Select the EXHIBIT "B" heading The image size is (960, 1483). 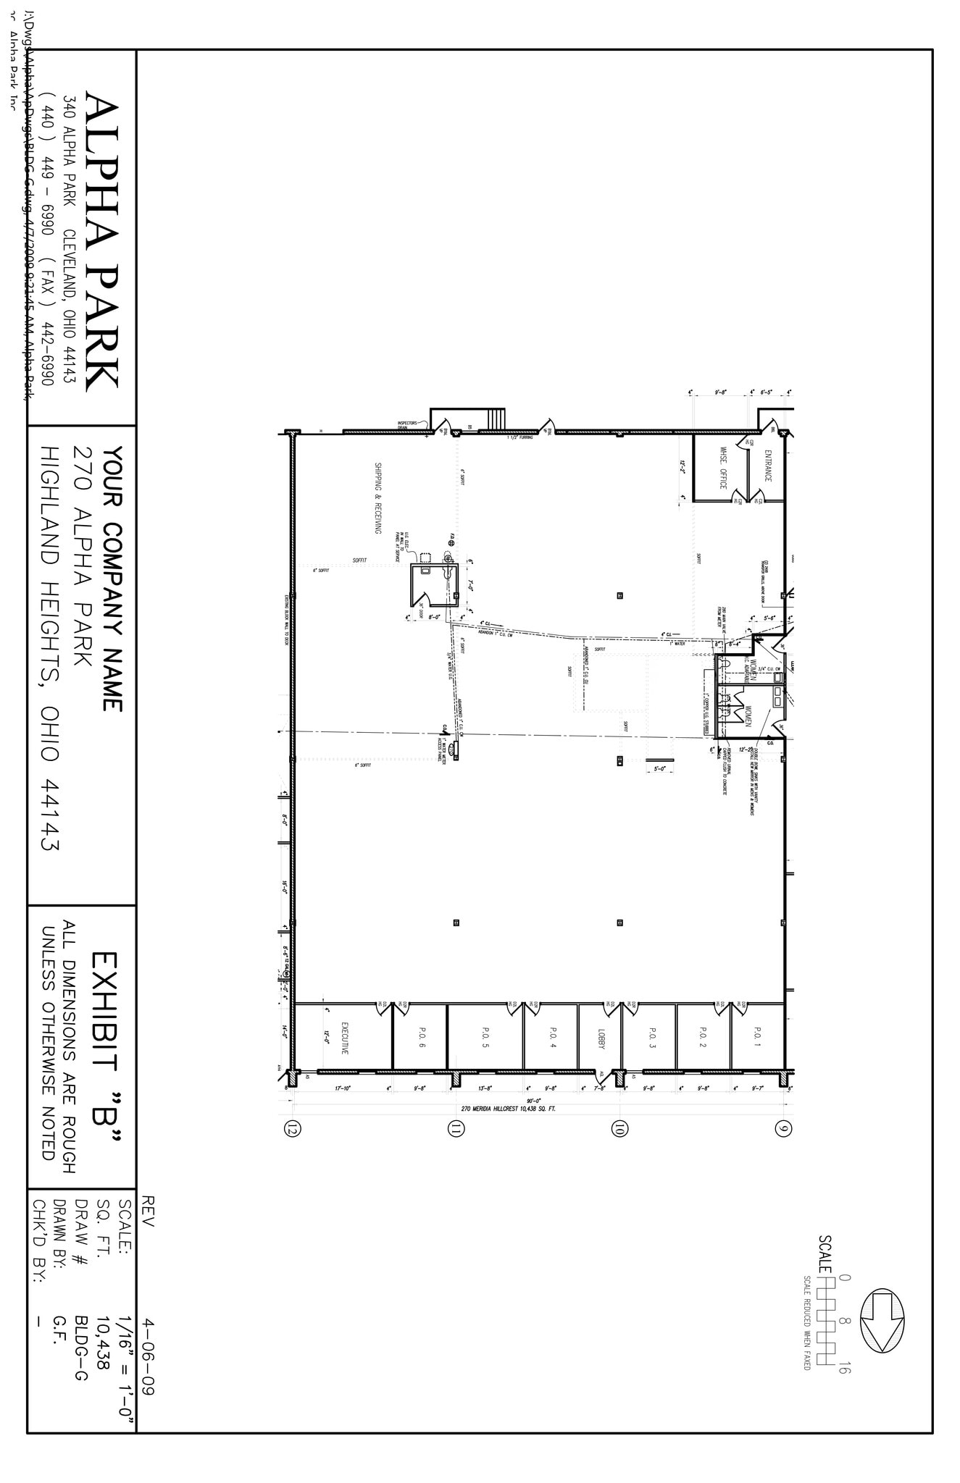pos(105,1051)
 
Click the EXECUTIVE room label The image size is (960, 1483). pos(345,1038)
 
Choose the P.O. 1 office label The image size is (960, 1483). pos(757,1037)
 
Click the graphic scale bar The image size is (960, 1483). pos(827,1322)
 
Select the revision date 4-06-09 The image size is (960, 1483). pos(149,1346)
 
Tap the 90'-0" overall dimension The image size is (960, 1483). pos(536,1098)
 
